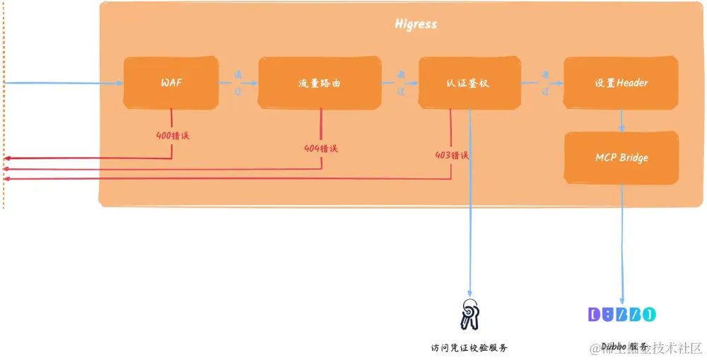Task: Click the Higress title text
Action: click(416, 24)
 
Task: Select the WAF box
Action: click(171, 83)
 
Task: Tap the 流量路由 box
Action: click(320, 83)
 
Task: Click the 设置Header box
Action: click(621, 83)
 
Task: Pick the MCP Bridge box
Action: click(621, 158)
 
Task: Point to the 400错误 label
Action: click(173, 134)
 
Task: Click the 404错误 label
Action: click(320, 149)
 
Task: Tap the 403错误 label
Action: click(452, 155)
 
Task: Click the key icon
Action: click(469, 314)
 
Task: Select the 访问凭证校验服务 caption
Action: click(469, 348)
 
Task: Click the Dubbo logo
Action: click(622, 314)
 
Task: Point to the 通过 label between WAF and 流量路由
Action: click(238, 83)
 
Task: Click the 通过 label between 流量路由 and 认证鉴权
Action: click(401, 83)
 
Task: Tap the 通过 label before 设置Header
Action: click(545, 83)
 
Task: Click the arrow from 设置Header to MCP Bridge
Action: click(621, 120)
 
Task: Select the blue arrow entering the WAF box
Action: click(64, 83)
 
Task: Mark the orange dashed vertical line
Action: click(4, 106)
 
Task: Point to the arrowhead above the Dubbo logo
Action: click(622, 301)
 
